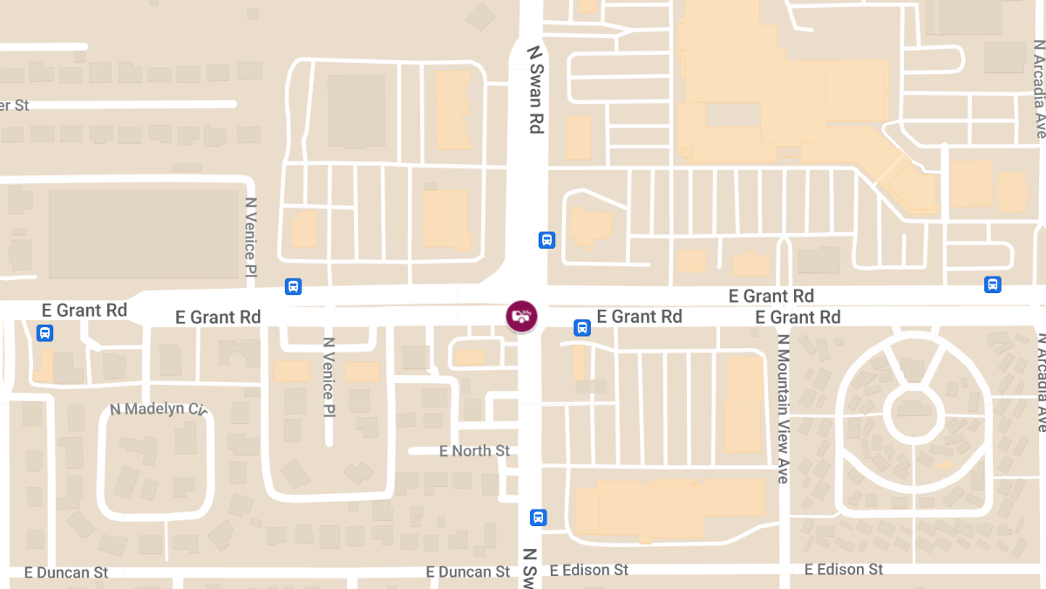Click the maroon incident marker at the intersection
pyautogui.click(x=521, y=316)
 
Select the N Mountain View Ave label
pyautogui.click(x=783, y=408)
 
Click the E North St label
pyautogui.click(x=475, y=451)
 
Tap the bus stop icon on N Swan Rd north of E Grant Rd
pyautogui.click(x=547, y=240)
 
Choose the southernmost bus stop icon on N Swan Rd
pyautogui.click(x=538, y=517)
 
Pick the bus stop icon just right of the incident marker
pyautogui.click(x=581, y=328)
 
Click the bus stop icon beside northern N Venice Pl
pyautogui.click(x=294, y=286)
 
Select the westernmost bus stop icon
pyautogui.click(x=44, y=332)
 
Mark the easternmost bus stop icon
pyautogui.click(x=992, y=284)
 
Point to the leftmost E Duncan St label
pyautogui.click(x=67, y=572)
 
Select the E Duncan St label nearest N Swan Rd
pyautogui.click(x=468, y=572)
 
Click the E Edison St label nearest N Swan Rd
pyautogui.click(x=588, y=571)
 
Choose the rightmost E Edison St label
pyautogui.click(x=844, y=570)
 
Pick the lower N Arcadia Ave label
pyautogui.click(x=1040, y=382)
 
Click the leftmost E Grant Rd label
pyautogui.click(x=85, y=311)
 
